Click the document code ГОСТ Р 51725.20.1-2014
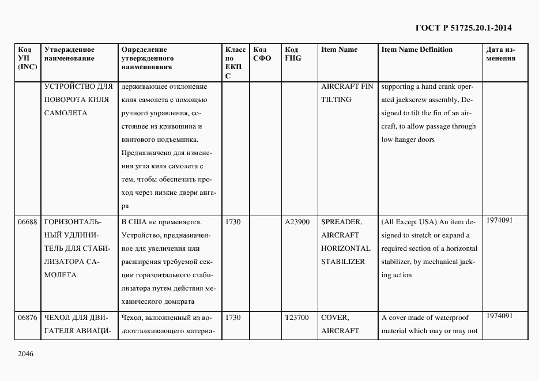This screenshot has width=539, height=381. click(463, 28)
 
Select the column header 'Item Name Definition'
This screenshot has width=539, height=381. click(417, 50)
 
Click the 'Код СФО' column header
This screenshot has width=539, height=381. click(262, 54)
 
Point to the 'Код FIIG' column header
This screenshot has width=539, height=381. click(293, 54)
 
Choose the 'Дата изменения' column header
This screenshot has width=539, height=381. click(501, 54)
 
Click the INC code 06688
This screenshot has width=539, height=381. click(27, 221)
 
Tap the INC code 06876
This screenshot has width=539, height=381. click(27, 318)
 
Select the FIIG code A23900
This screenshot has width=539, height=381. click(297, 221)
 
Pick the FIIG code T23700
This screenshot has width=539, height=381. click(297, 318)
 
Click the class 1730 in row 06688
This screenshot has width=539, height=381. click(233, 221)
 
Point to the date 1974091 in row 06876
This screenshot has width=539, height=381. click(498, 316)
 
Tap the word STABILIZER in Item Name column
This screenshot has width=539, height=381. click(343, 262)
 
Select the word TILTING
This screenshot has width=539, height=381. click(336, 100)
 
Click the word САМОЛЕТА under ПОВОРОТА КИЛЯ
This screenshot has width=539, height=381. click(65, 113)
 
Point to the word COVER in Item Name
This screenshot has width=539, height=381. click(334, 318)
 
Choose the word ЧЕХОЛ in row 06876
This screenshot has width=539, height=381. click(56, 318)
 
